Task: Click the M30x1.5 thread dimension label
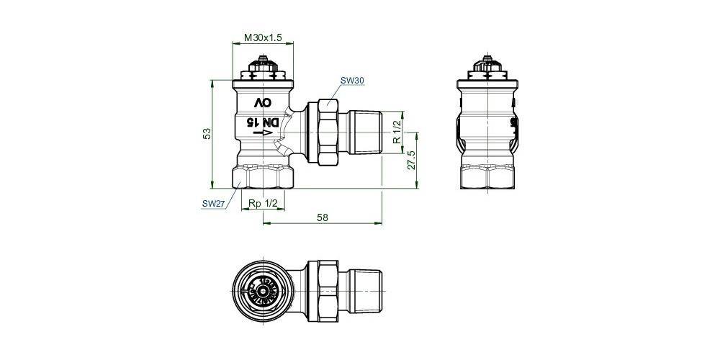pyautogui.click(x=264, y=37)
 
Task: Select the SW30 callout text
pyautogui.click(x=351, y=81)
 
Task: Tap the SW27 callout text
pyautogui.click(x=213, y=204)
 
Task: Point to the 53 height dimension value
pyautogui.click(x=207, y=133)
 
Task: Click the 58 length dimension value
pyautogui.click(x=322, y=217)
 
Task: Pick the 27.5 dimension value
pyautogui.click(x=412, y=160)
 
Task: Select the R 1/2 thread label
pyautogui.click(x=396, y=131)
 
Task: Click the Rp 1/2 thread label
pyautogui.click(x=263, y=204)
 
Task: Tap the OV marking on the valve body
pyautogui.click(x=263, y=104)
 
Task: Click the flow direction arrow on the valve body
pyautogui.click(x=264, y=134)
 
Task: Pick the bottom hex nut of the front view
pyautogui.click(x=264, y=176)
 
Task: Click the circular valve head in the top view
pyautogui.click(x=264, y=292)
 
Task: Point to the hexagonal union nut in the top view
pyautogui.click(x=324, y=292)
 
